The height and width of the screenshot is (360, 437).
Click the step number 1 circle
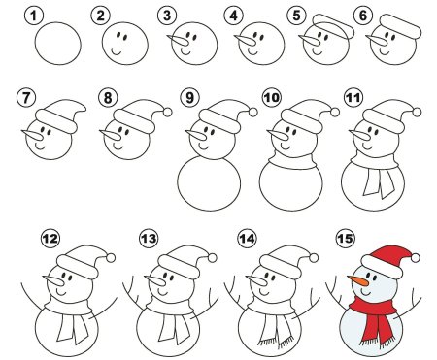pos(33,16)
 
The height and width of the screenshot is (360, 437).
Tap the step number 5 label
pos(296,16)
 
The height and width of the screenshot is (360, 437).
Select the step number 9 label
pos(189,97)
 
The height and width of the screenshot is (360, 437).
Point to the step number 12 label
pos(50,239)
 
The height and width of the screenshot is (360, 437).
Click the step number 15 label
pos(345,239)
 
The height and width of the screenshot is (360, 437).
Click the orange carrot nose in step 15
pos(358,280)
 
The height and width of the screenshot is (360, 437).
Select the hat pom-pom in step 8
pos(167,113)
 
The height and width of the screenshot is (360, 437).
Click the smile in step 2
pos(117,51)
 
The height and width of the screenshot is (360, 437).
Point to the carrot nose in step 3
pos(178,41)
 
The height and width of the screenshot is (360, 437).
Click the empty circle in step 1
pos(57,44)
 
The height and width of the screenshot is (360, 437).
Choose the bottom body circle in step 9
pos(209,183)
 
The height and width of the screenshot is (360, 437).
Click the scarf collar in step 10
pos(292,161)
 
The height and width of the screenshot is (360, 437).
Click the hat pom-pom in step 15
pos(416,258)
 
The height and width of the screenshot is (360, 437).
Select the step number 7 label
pos(25,97)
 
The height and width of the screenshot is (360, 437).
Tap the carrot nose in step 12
pos(53,280)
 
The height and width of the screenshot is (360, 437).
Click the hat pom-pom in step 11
pos(418,113)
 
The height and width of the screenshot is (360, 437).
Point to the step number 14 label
pos(247,239)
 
